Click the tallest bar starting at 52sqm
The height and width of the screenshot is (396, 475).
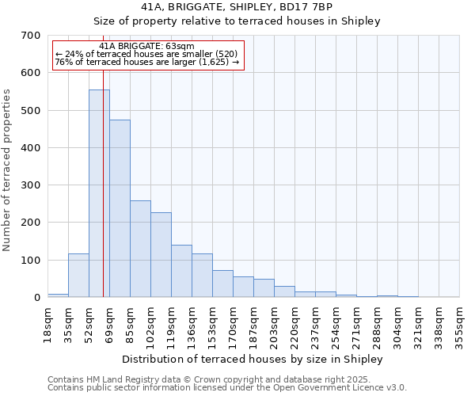coord(99,193)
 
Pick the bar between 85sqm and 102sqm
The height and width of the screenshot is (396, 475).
coord(140,249)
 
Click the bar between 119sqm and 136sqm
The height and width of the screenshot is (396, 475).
coord(181,271)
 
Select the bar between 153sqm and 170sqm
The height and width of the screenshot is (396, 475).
coord(222,284)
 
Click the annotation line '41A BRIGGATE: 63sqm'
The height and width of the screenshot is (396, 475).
coord(146,47)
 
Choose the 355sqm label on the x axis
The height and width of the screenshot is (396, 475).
coord(459,325)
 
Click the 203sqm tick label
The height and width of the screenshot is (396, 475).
coord(274,325)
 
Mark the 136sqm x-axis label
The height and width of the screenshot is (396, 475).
coord(192,325)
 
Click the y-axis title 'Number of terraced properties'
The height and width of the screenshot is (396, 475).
coord(8,170)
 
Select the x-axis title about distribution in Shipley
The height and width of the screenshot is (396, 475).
coord(253,360)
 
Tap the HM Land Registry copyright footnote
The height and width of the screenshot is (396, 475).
coord(226,379)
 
